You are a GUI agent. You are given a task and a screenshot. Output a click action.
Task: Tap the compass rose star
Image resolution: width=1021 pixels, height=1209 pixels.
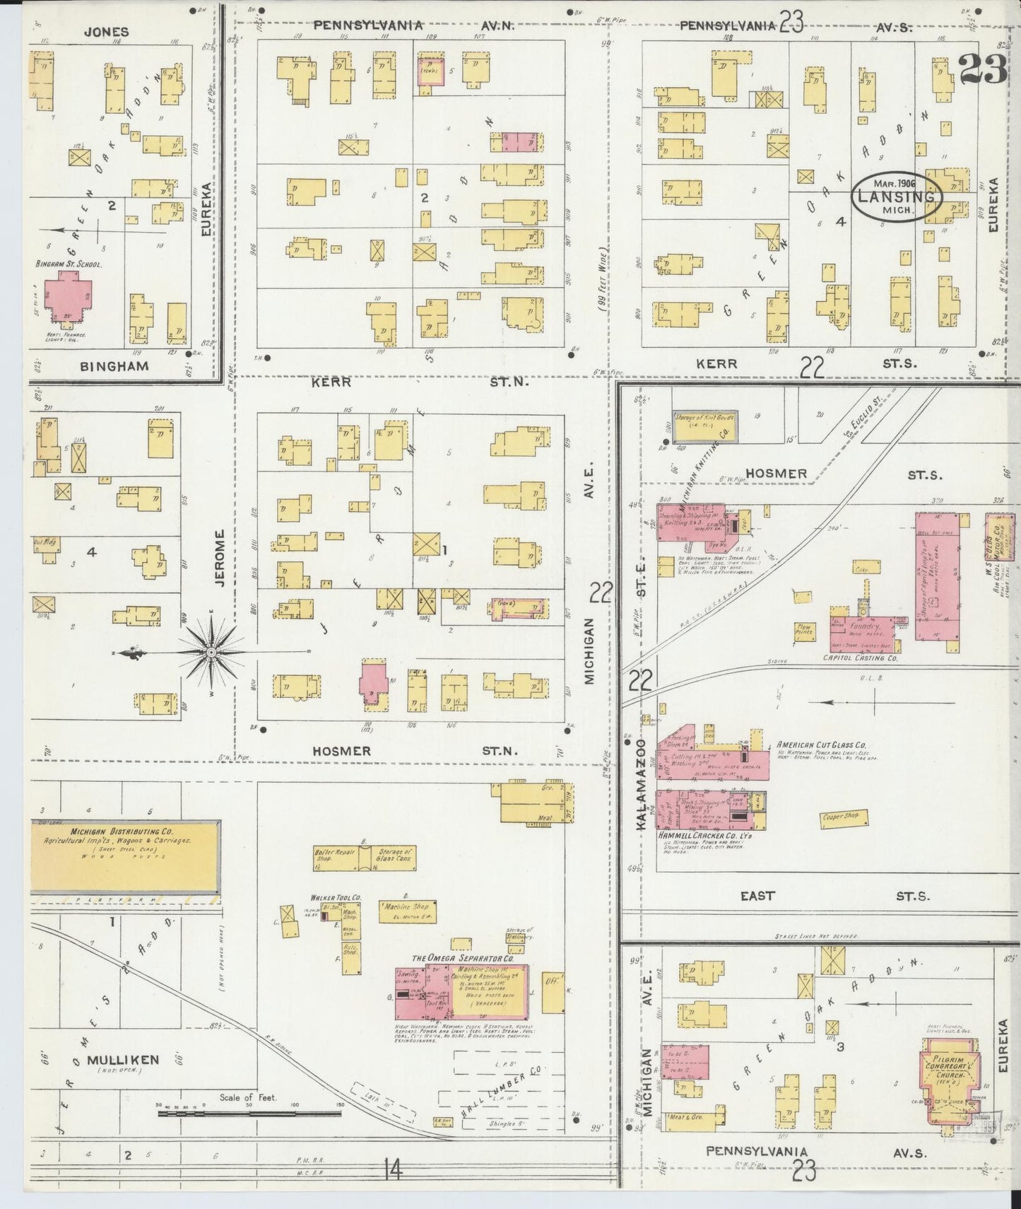pos(212,651)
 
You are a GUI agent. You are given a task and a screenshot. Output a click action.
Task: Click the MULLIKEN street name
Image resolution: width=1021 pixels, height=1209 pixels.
pos(123,1059)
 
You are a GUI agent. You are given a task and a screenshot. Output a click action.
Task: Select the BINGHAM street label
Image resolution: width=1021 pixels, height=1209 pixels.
pos(114,366)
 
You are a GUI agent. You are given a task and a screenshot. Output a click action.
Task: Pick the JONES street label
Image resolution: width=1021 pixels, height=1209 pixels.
pos(106,32)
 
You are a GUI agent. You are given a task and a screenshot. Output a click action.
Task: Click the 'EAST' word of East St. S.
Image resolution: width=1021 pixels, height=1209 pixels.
pos(757,896)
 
